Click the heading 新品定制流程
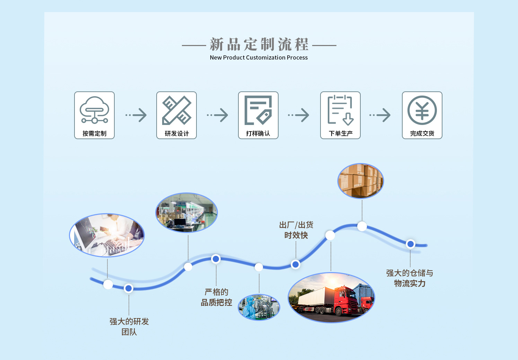tap(259, 45)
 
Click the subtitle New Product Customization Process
tap(258, 57)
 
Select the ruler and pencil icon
tap(176, 110)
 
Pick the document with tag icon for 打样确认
tap(258, 110)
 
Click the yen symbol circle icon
tap(422, 110)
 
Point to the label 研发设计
tap(177, 134)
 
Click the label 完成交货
tap(422, 134)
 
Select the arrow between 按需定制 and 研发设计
tap(137, 115)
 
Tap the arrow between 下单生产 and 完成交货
tap(380, 115)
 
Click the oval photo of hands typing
tap(107, 235)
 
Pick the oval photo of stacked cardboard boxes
tap(361, 181)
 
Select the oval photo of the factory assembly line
tap(186, 213)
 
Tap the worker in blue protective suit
tap(249, 308)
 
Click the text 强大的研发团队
tap(129, 326)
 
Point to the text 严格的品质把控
tap(217, 297)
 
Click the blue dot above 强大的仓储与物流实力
tap(411, 244)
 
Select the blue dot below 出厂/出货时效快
tap(296, 264)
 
